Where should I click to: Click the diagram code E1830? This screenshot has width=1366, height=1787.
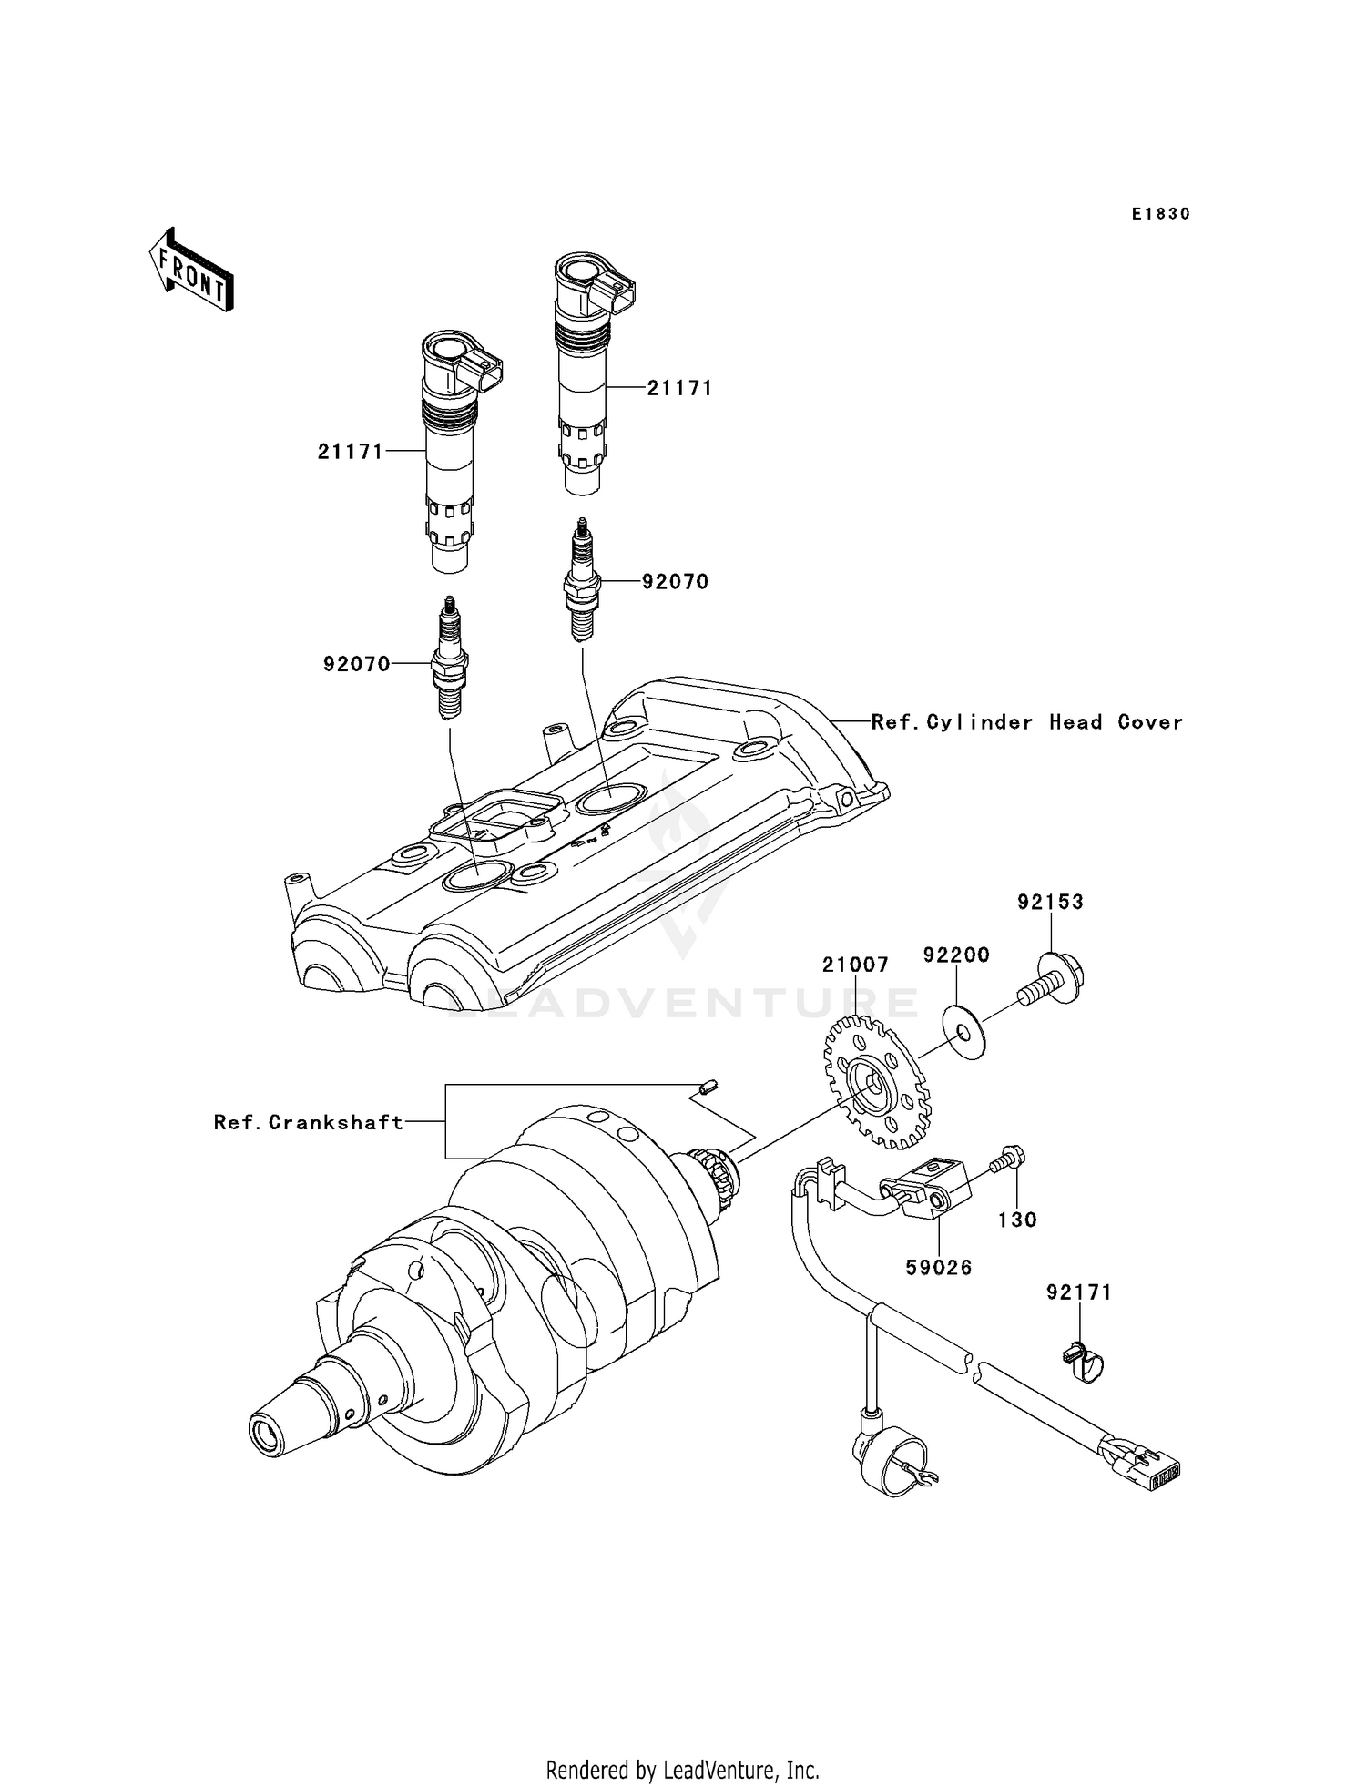point(1160,214)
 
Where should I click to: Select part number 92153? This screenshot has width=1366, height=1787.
point(1051,902)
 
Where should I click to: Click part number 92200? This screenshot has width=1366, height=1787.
point(956,955)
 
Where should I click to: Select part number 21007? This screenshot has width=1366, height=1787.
point(855,965)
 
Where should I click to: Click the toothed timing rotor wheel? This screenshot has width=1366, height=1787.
point(877,1084)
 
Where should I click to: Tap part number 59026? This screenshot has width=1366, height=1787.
point(938,1267)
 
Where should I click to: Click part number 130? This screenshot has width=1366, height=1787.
point(1017,1220)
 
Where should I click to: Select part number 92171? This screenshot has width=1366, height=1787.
point(1079,1292)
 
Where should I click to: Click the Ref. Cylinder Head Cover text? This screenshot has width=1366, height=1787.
point(1026,722)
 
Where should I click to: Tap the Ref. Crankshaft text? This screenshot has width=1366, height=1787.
point(309,1122)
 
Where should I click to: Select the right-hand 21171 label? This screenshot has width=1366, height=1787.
point(679,388)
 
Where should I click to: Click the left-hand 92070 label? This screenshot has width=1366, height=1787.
point(356,664)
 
